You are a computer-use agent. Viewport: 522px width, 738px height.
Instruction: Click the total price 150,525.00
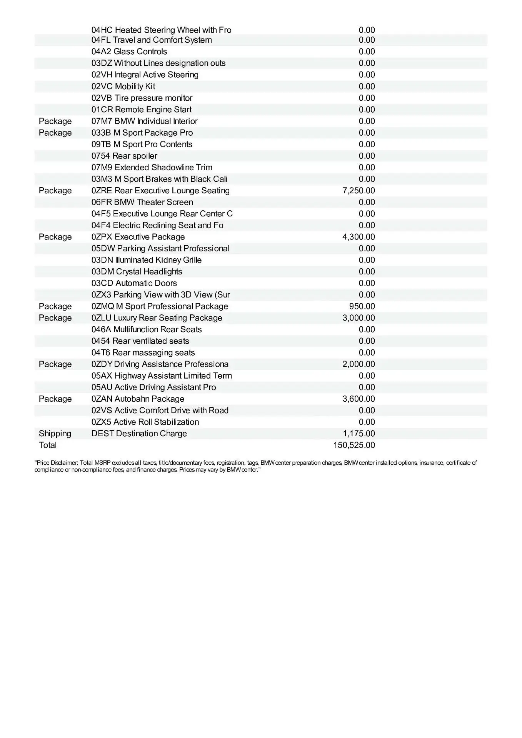354,445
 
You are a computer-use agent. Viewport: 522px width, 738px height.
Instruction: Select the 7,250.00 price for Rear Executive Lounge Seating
359,191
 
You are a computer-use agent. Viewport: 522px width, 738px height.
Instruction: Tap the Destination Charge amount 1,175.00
359,434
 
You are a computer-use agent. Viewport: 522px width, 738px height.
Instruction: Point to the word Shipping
55,434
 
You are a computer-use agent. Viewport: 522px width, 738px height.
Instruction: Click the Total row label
48,445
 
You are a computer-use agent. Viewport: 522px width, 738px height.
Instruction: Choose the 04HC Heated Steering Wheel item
161,30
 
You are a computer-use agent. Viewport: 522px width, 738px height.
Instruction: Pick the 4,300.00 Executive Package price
359,237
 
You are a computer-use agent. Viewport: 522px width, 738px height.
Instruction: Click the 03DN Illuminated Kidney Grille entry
146,260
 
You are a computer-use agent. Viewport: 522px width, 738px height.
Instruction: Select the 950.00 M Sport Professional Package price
362,306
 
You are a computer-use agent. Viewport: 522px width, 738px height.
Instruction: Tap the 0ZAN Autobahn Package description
138,399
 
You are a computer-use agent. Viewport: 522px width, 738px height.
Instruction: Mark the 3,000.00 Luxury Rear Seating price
359,318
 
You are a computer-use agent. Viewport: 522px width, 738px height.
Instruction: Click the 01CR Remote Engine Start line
141,110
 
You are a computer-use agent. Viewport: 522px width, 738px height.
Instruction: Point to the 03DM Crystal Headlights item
137,271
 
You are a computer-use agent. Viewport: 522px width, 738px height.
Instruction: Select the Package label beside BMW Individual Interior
55,121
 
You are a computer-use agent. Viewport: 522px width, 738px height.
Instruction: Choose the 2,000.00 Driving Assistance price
359,364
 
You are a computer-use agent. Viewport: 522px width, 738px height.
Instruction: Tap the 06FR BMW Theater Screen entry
142,202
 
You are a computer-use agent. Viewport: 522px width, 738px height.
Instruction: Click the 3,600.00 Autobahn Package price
359,399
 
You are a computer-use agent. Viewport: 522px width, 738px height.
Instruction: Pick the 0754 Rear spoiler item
124,156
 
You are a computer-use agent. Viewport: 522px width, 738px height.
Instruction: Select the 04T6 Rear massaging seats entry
143,352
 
